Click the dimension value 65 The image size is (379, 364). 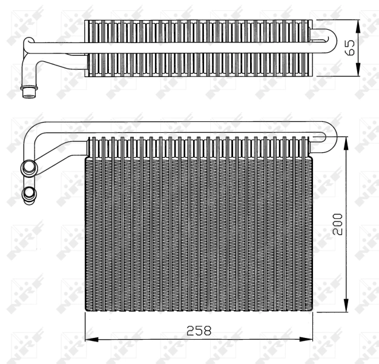(x=349, y=47)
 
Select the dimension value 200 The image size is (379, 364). (x=337, y=224)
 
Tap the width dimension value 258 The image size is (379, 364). (x=199, y=331)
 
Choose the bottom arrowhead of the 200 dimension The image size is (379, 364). (x=347, y=309)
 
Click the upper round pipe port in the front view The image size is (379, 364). (x=28, y=166)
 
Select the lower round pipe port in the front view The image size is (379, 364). (x=28, y=194)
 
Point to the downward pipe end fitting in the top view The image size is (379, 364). (x=28, y=91)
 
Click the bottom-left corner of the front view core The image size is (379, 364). (x=85, y=313)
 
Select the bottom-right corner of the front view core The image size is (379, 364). (x=313, y=313)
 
